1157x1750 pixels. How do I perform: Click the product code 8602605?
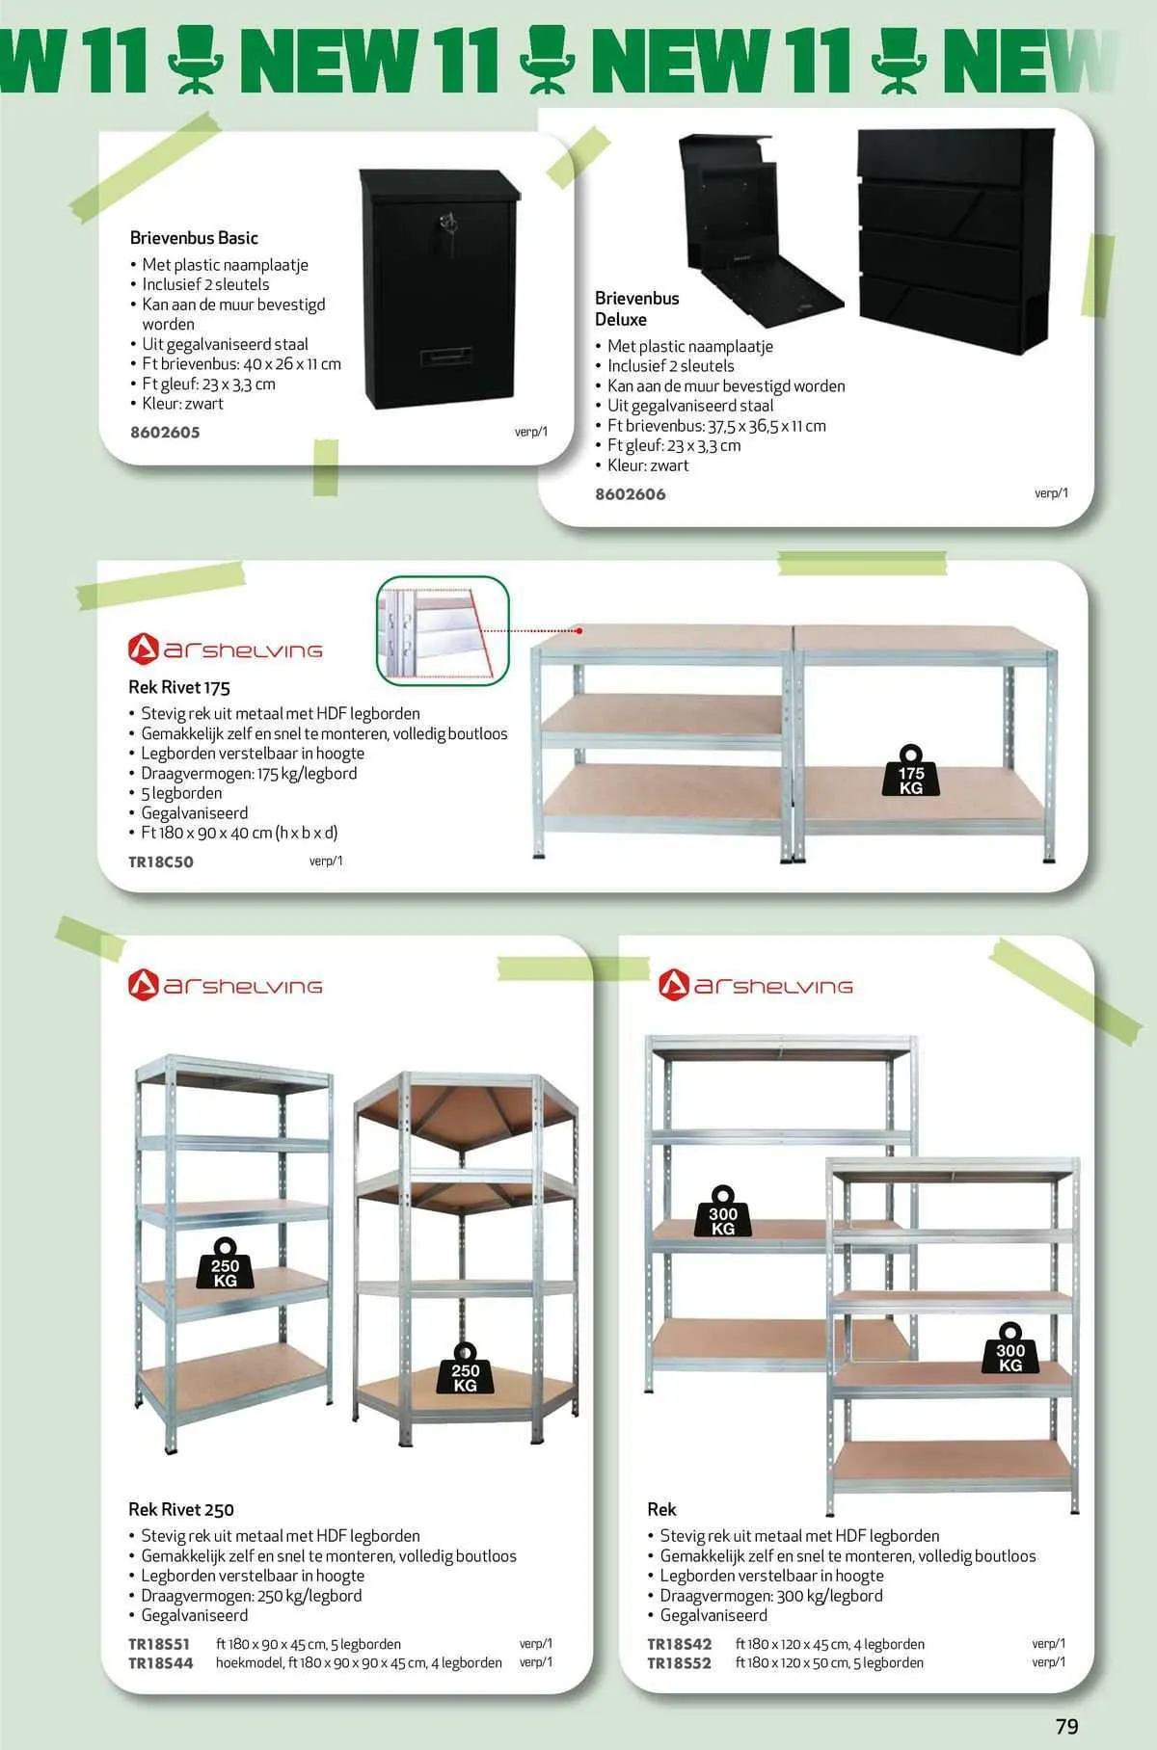[165, 433]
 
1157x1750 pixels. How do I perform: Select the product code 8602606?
[630, 494]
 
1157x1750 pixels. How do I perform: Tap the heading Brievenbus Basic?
[194, 238]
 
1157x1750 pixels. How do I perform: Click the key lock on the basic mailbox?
[446, 225]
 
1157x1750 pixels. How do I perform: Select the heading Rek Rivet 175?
[179, 687]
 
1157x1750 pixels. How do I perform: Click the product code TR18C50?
[161, 862]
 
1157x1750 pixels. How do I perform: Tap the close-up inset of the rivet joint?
[442, 630]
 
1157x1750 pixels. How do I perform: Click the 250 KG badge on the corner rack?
[465, 1370]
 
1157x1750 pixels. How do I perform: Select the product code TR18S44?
[161, 1662]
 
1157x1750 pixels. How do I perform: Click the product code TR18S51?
[159, 1644]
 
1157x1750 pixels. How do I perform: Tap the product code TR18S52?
[679, 1662]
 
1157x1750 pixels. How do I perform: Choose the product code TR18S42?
[679, 1644]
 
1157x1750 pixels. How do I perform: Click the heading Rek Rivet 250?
[181, 1509]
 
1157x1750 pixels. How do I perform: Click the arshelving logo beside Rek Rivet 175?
[226, 650]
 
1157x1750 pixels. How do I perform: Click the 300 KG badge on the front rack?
[1010, 1350]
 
